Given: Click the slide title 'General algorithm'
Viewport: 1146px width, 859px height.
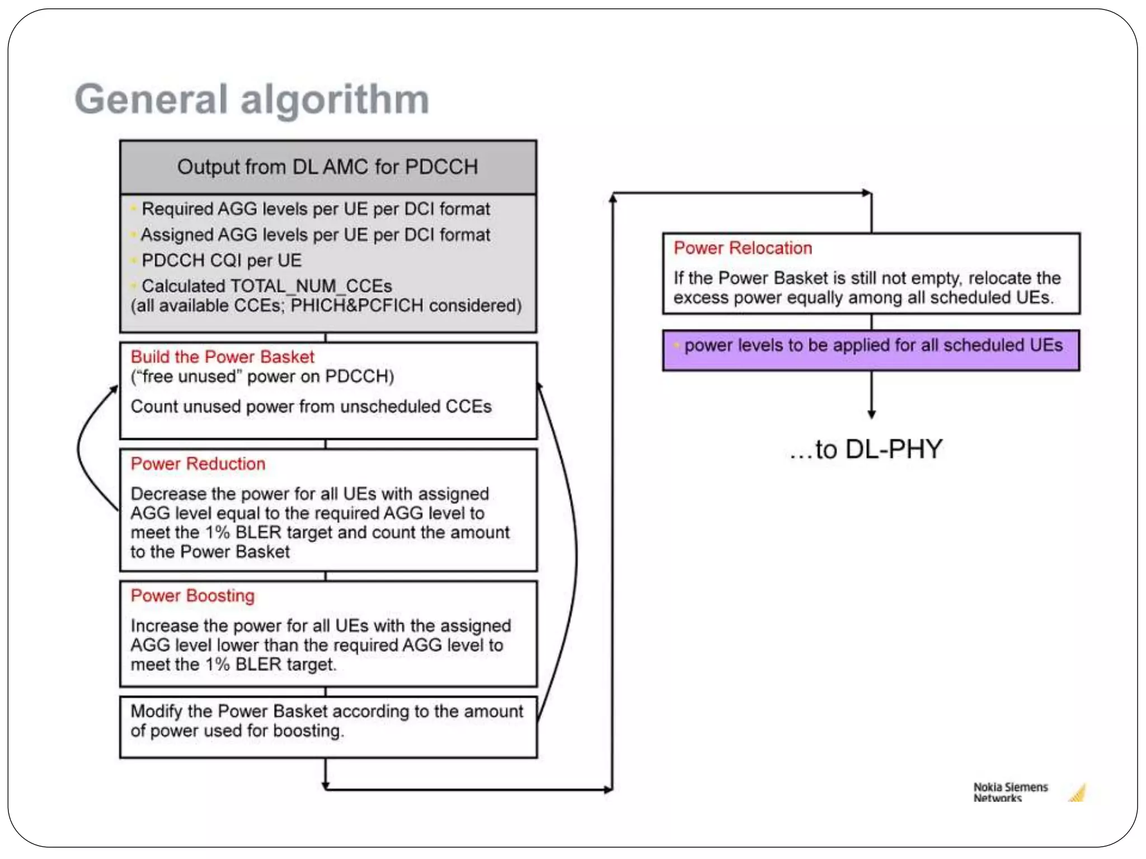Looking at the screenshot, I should (x=252, y=100).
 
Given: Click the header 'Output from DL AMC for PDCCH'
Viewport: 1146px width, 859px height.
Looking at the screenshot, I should (x=327, y=167).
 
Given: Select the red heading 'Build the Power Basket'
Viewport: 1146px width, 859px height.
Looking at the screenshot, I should (x=222, y=357).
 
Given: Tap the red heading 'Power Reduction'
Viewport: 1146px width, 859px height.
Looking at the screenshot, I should (x=198, y=464).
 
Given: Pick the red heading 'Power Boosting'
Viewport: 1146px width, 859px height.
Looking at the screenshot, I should (x=192, y=596).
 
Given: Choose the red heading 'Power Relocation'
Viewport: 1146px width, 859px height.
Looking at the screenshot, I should (x=743, y=248).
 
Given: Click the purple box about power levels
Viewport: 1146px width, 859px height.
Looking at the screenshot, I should (x=871, y=351).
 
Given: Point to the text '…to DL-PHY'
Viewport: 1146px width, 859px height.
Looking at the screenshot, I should (x=866, y=449).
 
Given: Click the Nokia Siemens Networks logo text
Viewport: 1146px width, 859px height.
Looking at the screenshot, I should (x=1010, y=792).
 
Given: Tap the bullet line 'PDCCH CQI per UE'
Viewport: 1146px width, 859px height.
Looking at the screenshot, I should (x=221, y=261).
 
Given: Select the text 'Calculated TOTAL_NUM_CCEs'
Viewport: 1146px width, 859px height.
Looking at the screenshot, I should (x=266, y=286).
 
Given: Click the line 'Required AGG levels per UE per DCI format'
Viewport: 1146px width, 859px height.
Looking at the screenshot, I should (x=316, y=209).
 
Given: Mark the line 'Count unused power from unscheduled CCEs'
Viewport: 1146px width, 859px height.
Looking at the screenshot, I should (x=311, y=407).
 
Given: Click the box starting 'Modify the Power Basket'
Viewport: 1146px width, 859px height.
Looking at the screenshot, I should (x=328, y=726).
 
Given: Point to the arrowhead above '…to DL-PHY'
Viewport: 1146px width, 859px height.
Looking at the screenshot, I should (x=871, y=414).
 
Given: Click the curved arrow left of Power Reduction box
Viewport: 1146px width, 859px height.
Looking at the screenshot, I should (x=84, y=447).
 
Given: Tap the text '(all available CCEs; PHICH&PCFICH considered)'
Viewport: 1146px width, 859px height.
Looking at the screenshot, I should (x=326, y=306).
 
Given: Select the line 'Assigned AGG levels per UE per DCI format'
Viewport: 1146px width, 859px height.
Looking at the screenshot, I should (x=315, y=235).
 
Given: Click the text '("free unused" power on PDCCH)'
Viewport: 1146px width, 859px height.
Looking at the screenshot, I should (x=262, y=377).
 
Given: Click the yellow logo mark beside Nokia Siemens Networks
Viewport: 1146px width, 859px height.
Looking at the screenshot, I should (x=1078, y=793).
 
